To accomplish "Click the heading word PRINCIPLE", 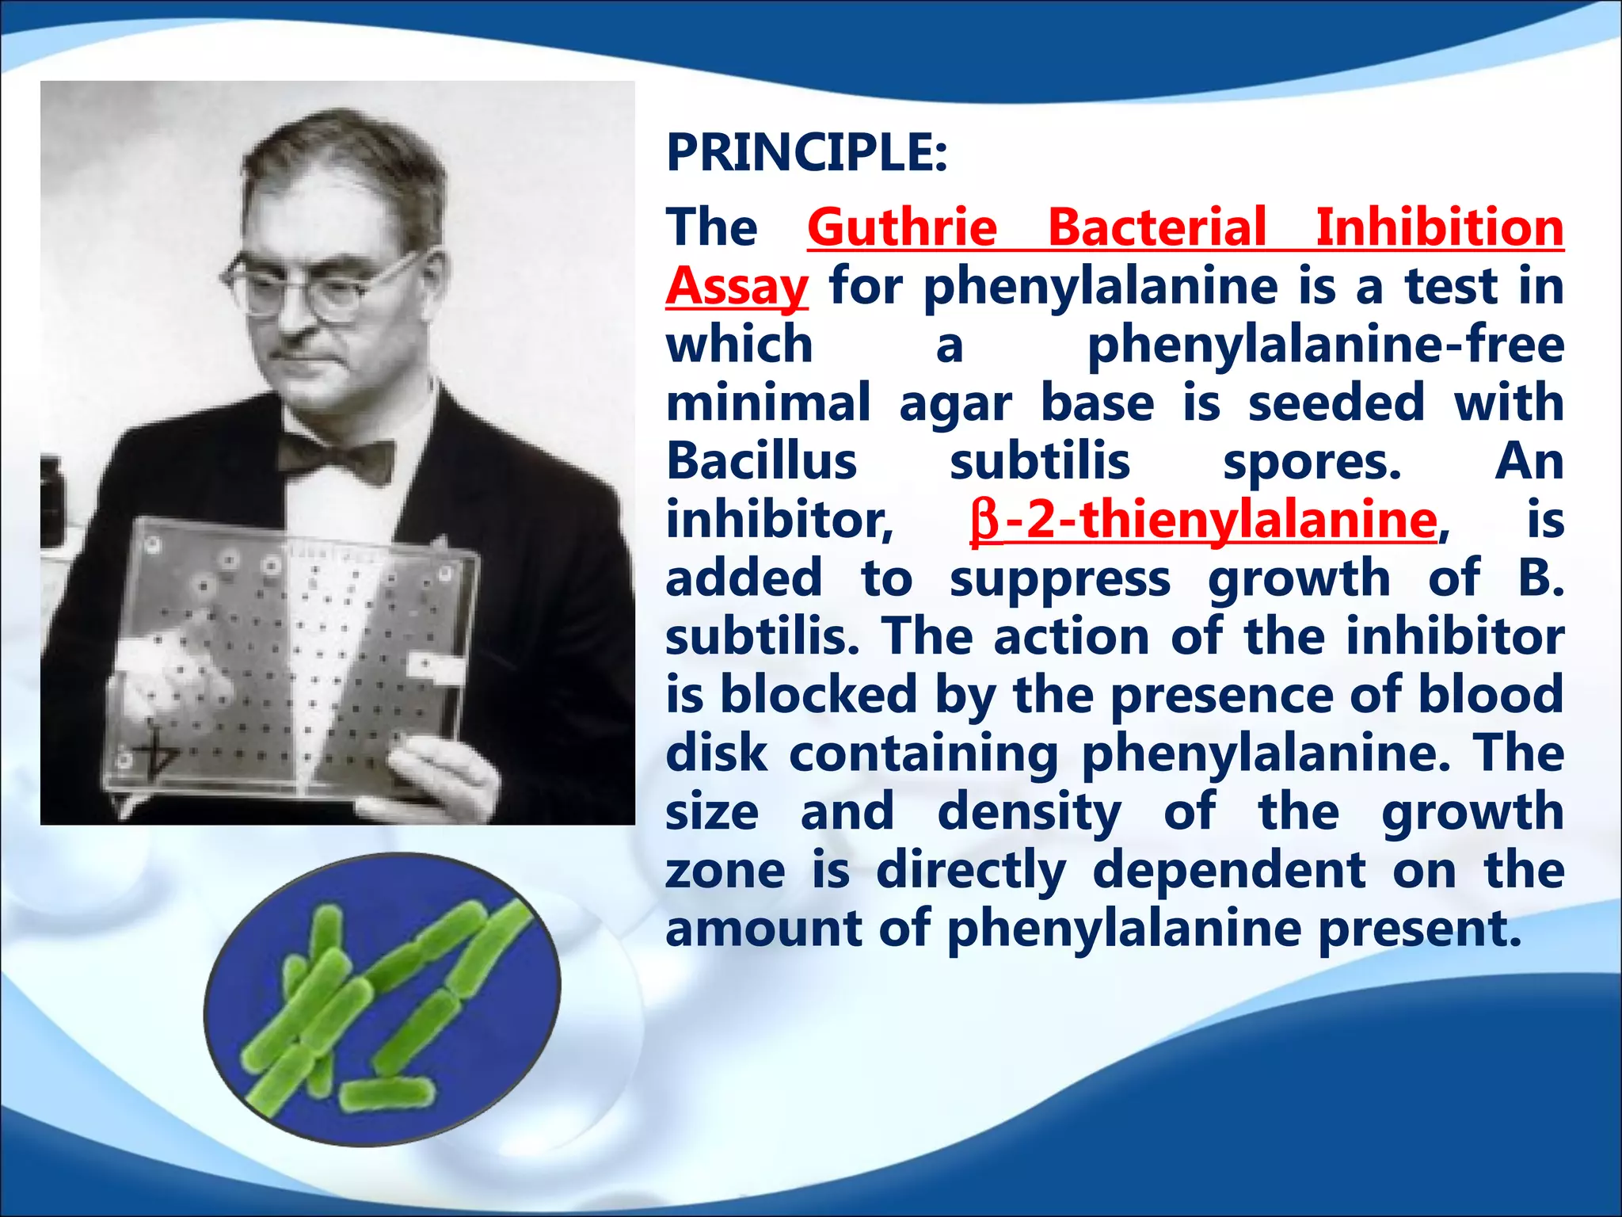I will tap(805, 152).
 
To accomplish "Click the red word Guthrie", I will tap(902, 227).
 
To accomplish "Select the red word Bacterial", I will tap(1157, 227).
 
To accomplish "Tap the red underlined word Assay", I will tap(737, 286).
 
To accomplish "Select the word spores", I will tap(1312, 463).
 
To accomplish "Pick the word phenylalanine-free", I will tap(1325, 345).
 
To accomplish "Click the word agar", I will tap(955, 404).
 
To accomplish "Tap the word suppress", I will tap(1060, 578).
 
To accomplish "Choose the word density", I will tap(1029, 813).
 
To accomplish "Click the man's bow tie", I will tap(337, 458).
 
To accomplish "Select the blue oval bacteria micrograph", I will tap(382, 998).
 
